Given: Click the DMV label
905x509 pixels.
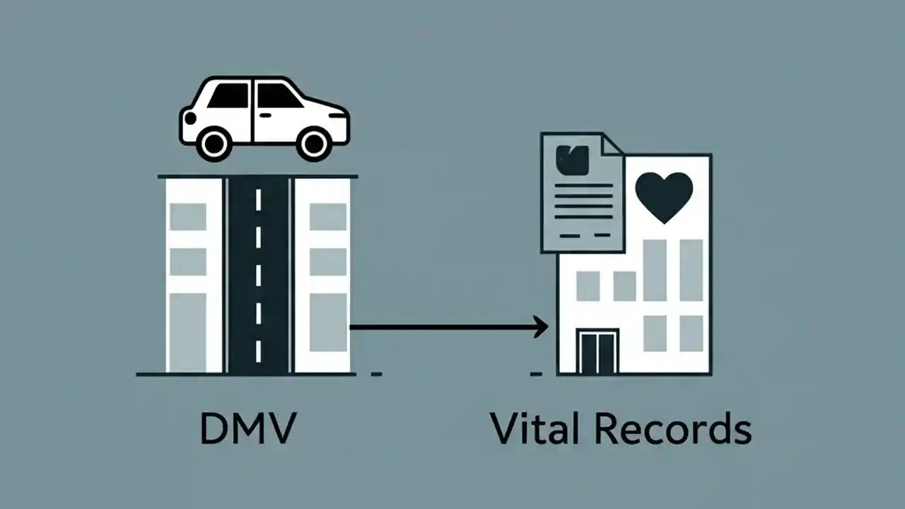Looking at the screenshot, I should tap(247, 429).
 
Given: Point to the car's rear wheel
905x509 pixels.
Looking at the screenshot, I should tap(214, 144).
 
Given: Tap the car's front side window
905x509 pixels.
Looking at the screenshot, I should tap(278, 96).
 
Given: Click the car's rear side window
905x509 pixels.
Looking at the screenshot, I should tap(230, 95).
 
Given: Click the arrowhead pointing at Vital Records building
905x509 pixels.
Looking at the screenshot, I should tap(541, 327).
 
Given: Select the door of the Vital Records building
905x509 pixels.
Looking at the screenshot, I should tap(597, 351).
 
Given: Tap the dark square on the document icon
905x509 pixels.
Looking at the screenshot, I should tap(573, 160).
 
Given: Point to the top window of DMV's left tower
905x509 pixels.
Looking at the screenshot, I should tap(188, 216).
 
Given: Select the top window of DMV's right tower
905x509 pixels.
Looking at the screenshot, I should tap(328, 216).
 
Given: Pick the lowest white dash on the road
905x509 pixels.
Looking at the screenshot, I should tap(258, 351).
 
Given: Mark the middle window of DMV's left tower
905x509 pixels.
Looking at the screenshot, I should tap(188, 262).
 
